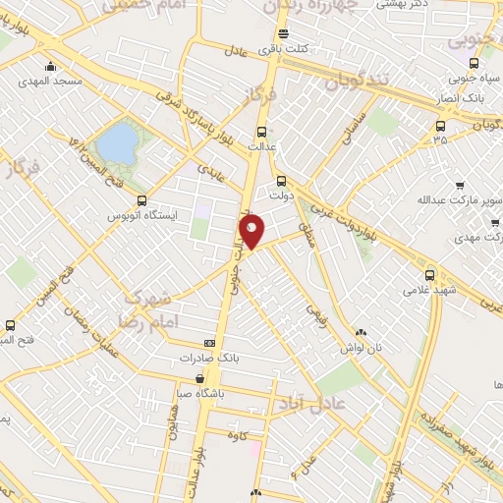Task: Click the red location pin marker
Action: [252, 232]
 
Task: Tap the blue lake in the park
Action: [117, 143]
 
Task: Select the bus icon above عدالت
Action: [261, 132]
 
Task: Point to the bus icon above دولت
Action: [282, 181]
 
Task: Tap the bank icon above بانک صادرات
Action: [209, 343]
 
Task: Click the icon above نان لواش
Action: [361, 334]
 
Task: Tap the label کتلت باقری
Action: [285, 48]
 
